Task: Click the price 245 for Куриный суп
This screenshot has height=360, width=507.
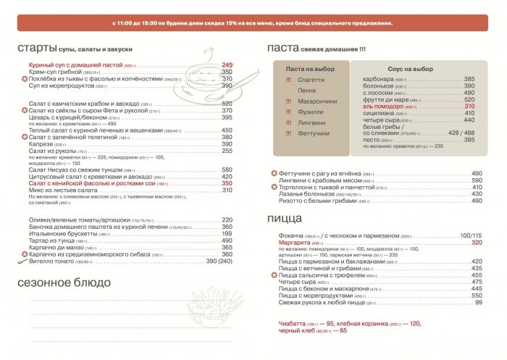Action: tap(227, 65)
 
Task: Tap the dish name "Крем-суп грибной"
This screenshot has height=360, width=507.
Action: tap(54, 72)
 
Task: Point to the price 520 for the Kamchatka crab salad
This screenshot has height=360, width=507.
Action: tap(227, 104)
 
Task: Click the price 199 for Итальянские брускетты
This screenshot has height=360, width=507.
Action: tap(227, 234)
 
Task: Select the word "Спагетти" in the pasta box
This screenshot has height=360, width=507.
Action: tap(310, 79)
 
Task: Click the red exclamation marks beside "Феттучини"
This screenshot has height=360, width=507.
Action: tap(288, 134)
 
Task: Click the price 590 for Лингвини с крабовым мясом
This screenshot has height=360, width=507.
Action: tap(477, 180)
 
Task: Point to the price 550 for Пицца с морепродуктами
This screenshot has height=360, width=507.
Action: tap(477, 296)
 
